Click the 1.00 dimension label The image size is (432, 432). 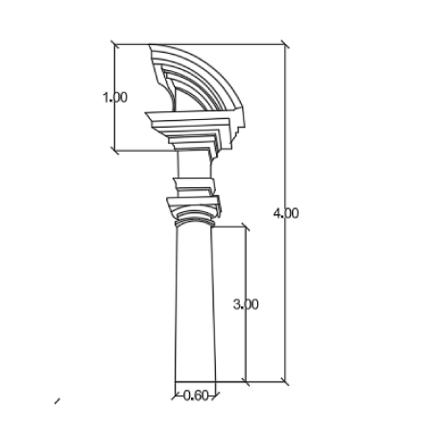click(x=115, y=97)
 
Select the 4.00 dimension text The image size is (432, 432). click(x=286, y=213)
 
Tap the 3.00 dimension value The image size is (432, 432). click(x=246, y=304)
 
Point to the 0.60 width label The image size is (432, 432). click(x=196, y=396)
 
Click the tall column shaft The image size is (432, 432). click(x=195, y=304)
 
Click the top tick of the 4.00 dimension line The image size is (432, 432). click(x=285, y=44)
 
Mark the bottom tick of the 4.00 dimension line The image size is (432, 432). click(x=285, y=381)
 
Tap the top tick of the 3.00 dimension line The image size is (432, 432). click(x=246, y=227)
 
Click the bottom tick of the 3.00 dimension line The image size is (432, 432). click(x=246, y=381)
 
